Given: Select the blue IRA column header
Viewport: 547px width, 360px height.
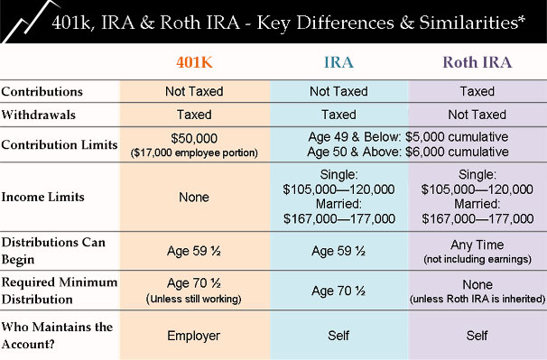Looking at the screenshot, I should [x=339, y=62].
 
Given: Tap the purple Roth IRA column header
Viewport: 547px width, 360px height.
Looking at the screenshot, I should [x=476, y=62].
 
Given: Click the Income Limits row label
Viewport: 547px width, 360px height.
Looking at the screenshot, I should [x=42, y=197].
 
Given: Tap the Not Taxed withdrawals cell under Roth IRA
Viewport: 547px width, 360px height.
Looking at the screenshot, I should [x=477, y=115].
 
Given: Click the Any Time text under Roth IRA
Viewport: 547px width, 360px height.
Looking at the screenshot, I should [x=477, y=244].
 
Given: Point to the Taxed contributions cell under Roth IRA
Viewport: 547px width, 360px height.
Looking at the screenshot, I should [x=477, y=92].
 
